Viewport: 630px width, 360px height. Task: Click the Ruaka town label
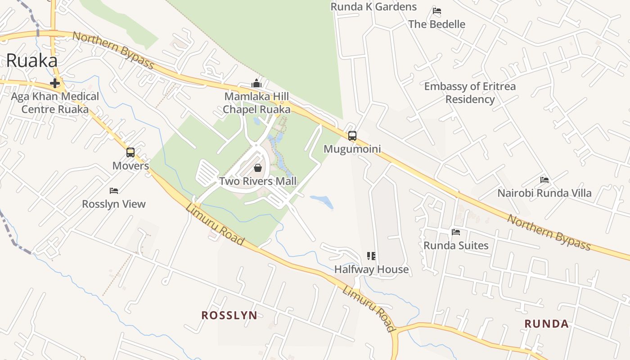coord(31,61)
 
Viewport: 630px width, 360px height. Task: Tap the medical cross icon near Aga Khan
coord(55,83)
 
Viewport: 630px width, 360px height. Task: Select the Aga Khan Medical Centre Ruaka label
coord(55,103)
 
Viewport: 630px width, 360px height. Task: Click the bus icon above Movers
coord(130,153)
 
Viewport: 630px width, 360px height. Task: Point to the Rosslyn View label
coord(114,204)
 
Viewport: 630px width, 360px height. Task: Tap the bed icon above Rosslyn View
coord(114,191)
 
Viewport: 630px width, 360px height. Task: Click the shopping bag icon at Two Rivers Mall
coord(258,168)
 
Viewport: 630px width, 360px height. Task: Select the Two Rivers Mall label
coord(258,181)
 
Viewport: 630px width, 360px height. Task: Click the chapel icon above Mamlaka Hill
coord(256,84)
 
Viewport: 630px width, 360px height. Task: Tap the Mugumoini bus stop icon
coord(352,135)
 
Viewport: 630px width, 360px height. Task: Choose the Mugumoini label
coord(352,149)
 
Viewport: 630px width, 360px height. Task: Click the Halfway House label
coord(371,270)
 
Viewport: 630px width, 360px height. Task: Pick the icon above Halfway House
coord(371,256)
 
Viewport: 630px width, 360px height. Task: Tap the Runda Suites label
coord(456,245)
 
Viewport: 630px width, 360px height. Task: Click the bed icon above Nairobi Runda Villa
coord(544,180)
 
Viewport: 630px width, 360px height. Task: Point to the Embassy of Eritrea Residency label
coord(470,93)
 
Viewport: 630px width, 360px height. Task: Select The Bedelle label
coord(436,24)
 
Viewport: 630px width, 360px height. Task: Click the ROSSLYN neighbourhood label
coord(229,315)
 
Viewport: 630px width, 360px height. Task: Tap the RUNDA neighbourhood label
coord(546,324)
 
